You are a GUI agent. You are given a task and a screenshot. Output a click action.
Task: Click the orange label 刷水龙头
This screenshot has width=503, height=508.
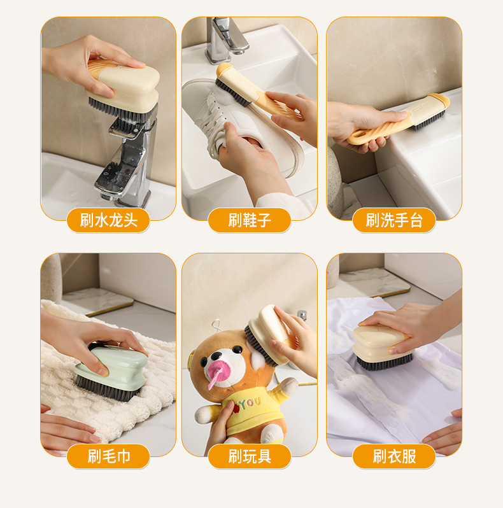108,220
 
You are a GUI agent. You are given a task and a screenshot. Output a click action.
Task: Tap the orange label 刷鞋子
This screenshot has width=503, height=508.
249,220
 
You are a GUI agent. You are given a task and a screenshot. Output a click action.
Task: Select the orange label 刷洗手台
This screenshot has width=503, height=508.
393,220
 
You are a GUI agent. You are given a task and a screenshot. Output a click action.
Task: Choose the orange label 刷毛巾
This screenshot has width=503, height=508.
108,456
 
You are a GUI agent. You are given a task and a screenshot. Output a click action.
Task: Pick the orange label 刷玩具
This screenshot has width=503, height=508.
249,456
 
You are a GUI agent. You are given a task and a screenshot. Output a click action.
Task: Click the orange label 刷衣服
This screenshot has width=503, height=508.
393,456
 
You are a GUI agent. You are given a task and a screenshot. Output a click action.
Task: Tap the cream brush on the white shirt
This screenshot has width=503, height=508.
383,348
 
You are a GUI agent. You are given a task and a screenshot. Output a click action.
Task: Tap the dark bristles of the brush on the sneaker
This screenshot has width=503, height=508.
232,93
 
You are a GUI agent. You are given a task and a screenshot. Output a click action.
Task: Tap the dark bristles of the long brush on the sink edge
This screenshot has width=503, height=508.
429,120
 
